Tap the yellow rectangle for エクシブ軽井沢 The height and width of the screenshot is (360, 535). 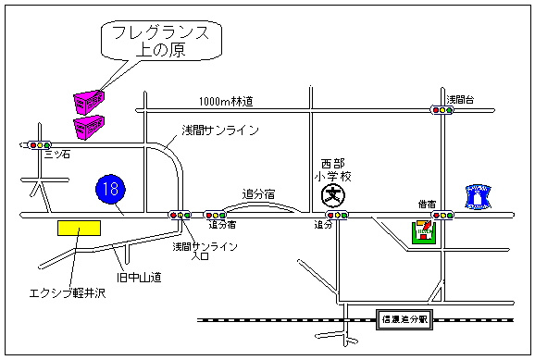[78, 228]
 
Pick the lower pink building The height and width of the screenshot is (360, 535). [89, 123]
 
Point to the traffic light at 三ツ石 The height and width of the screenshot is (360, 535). [39, 145]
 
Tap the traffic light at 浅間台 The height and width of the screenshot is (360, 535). [444, 110]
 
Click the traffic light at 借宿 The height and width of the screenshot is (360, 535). [444, 215]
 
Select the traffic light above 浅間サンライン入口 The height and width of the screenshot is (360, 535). [179, 215]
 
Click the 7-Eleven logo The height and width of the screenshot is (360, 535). [424, 231]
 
